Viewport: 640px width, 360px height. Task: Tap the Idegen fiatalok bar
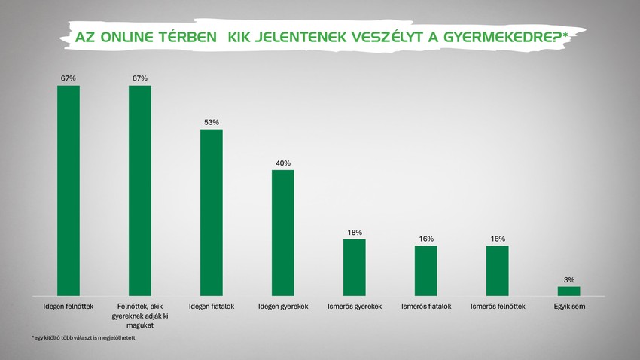(x=212, y=212)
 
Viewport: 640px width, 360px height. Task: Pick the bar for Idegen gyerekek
(x=283, y=233)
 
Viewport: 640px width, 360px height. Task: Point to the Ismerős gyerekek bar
(x=355, y=267)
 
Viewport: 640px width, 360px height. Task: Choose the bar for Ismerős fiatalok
(x=426, y=270)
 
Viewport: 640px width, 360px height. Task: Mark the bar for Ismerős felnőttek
(x=498, y=270)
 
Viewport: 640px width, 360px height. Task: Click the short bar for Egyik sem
(x=569, y=291)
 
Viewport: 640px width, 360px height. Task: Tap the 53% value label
(x=212, y=122)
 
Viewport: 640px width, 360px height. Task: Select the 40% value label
(x=283, y=163)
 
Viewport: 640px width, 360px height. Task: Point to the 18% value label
(x=355, y=232)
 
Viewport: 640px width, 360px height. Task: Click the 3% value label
(x=569, y=279)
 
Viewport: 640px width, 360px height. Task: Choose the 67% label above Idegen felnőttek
(x=69, y=78)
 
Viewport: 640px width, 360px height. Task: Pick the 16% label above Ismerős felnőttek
(x=498, y=239)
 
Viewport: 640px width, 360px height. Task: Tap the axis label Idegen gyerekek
(x=283, y=307)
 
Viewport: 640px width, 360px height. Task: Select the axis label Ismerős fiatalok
(x=426, y=307)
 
